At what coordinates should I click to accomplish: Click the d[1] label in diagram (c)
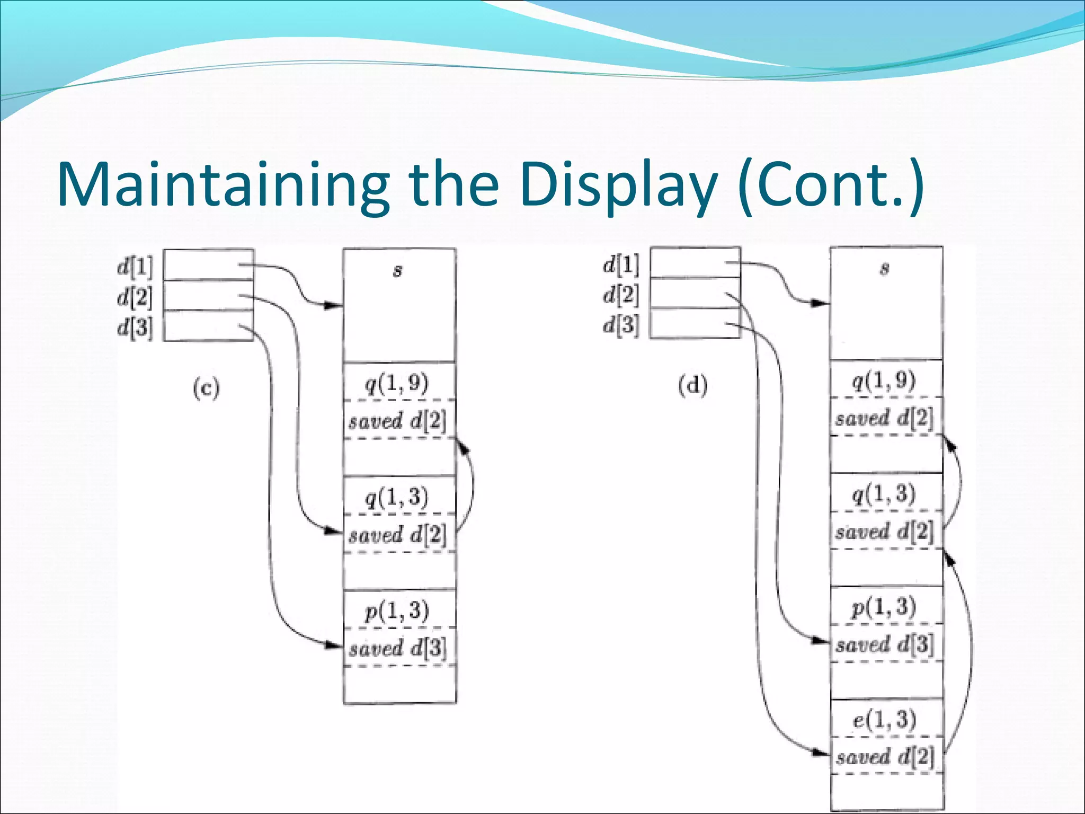click(x=135, y=266)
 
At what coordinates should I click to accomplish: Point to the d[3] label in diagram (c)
click(x=135, y=327)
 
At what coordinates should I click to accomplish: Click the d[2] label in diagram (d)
click(x=621, y=294)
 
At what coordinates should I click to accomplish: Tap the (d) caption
click(x=692, y=386)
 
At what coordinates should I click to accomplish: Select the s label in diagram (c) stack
click(x=397, y=271)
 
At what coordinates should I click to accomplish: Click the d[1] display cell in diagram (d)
click(x=695, y=262)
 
